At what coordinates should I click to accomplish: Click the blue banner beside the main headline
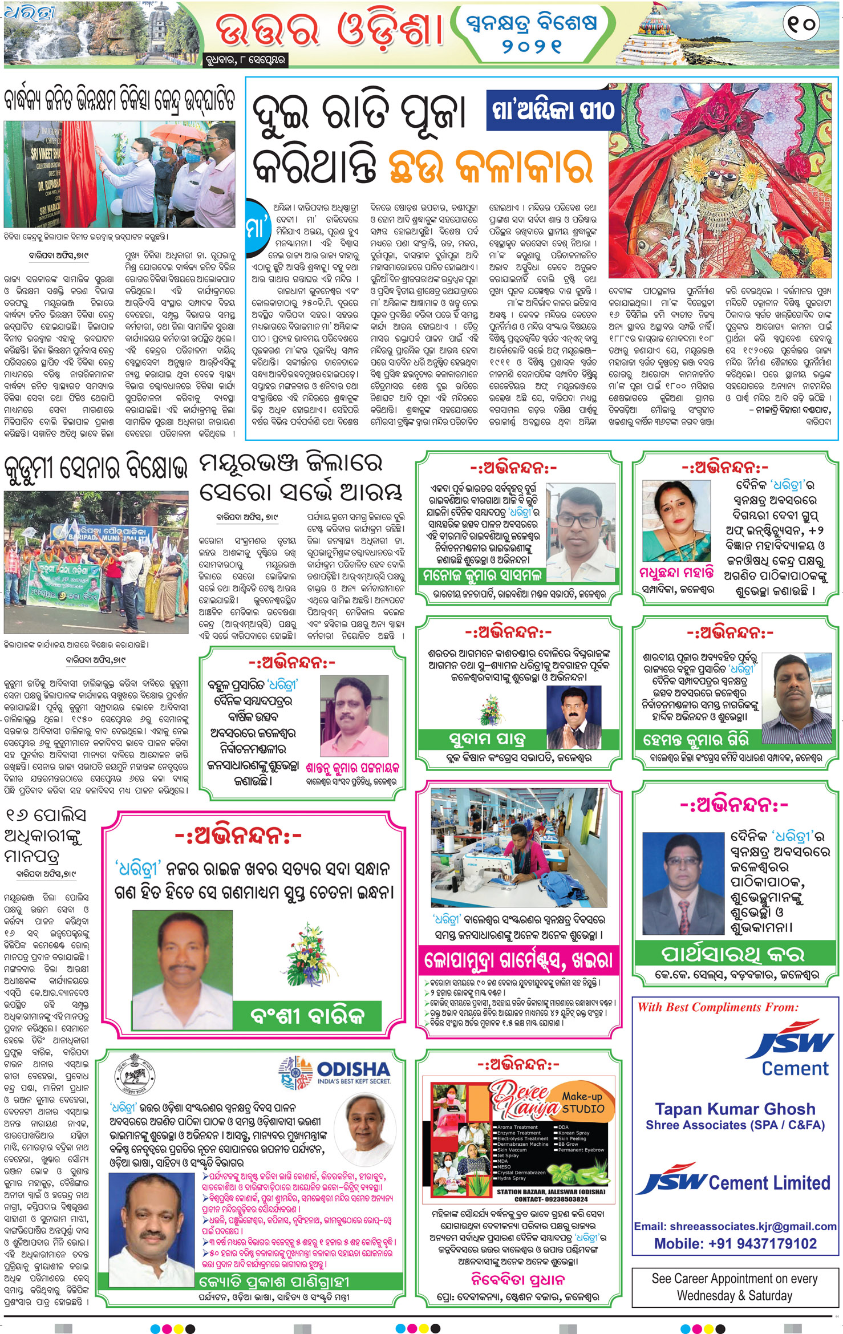click(553, 109)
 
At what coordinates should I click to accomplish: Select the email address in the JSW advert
click(735, 1226)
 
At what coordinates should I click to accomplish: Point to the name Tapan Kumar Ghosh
click(735, 1109)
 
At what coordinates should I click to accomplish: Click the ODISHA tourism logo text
click(352, 1069)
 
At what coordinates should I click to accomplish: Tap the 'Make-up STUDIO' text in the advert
click(582, 1102)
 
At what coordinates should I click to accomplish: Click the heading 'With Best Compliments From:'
click(718, 1007)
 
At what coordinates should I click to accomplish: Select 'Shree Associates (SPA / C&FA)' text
click(735, 1125)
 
